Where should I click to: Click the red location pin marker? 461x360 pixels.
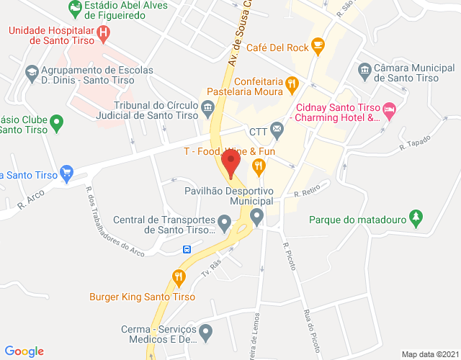(x=230, y=165)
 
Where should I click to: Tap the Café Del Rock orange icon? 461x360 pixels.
(x=318, y=48)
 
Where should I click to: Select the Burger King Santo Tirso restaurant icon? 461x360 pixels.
(x=179, y=276)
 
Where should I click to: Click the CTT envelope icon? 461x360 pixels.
(x=277, y=130)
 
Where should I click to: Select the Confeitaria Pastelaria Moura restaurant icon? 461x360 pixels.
(x=291, y=84)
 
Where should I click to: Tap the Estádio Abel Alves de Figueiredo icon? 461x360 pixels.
(x=74, y=9)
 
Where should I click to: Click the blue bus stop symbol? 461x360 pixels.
(x=187, y=250)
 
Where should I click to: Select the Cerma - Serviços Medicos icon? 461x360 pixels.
(x=206, y=333)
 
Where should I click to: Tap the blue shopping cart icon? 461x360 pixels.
(x=67, y=173)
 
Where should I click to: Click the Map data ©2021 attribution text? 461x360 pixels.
(x=429, y=354)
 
